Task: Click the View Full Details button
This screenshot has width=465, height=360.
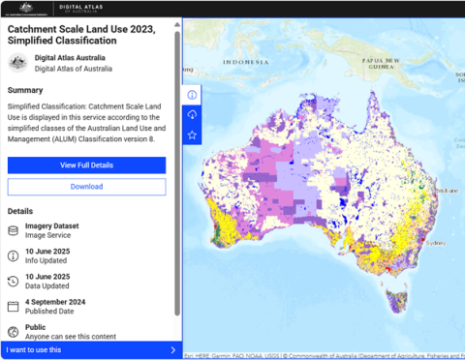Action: click(x=86, y=165)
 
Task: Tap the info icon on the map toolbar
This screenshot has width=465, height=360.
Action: click(x=192, y=95)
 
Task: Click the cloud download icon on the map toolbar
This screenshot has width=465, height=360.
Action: click(x=192, y=115)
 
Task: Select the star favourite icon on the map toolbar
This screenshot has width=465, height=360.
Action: click(x=192, y=135)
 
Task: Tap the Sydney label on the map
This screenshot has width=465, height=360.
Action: click(x=435, y=243)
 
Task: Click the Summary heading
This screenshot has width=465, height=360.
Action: click(x=25, y=90)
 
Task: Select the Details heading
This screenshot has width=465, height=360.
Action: click(x=20, y=211)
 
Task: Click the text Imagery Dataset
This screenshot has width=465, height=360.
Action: click(x=52, y=226)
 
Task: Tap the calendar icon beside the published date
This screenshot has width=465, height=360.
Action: click(x=14, y=307)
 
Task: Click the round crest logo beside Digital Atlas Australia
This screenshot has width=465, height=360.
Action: click(x=16, y=63)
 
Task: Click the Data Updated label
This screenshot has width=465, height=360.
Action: click(x=46, y=286)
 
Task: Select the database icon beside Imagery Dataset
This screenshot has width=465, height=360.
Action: click(x=14, y=231)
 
